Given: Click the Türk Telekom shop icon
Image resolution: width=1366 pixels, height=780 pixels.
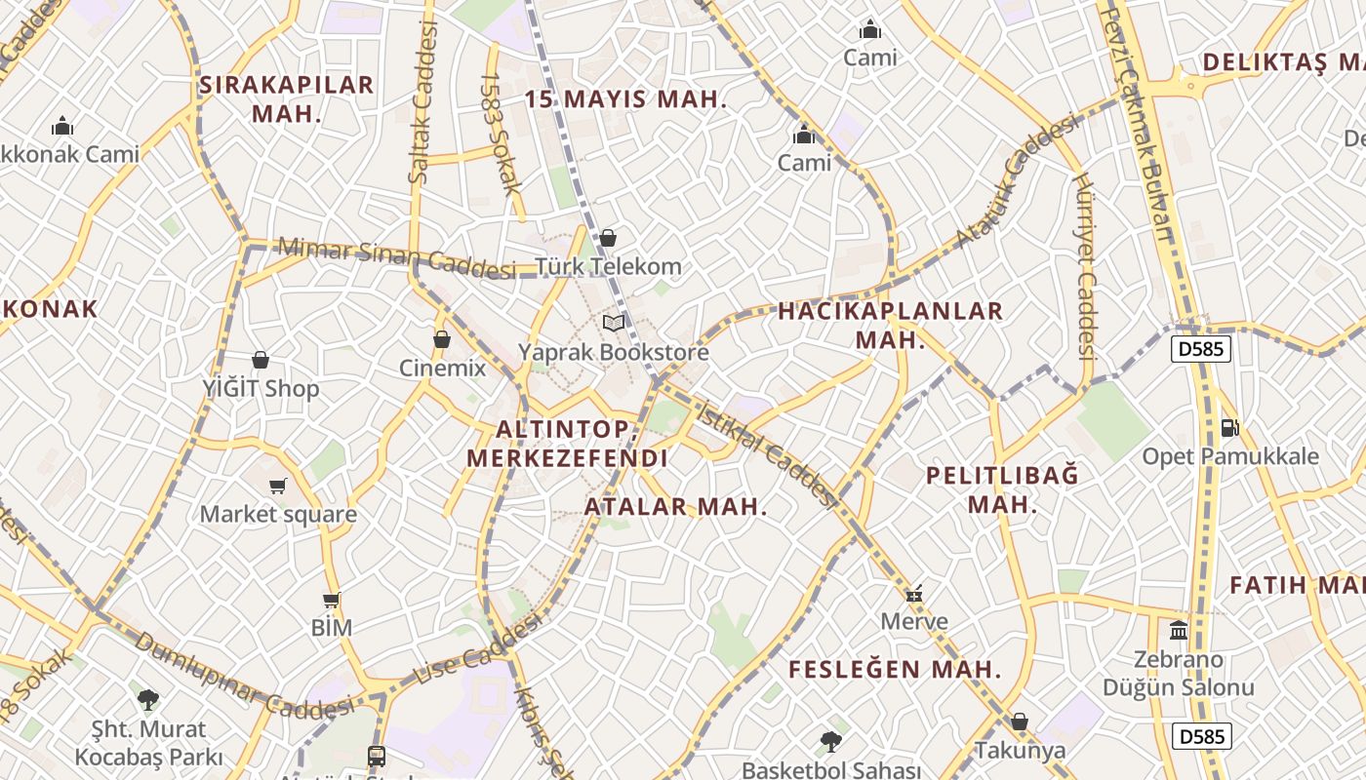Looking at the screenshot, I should [x=608, y=238].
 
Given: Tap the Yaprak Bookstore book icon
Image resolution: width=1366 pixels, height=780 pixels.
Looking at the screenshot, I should [x=614, y=323].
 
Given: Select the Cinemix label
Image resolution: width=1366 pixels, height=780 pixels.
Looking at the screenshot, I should [x=442, y=369].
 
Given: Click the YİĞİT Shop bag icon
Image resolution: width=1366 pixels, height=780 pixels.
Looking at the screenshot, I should [x=261, y=361].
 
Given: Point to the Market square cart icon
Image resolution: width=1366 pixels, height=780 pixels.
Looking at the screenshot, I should [x=278, y=486].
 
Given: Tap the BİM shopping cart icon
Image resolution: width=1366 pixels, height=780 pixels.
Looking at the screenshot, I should [x=332, y=601].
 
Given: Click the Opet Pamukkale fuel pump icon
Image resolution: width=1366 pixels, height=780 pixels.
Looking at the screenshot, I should [x=1229, y=427].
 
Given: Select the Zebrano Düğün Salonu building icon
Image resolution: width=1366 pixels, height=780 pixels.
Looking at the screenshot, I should [x=1179, y=631].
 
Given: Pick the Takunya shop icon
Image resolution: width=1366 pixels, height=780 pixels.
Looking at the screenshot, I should [x=1020, y=722].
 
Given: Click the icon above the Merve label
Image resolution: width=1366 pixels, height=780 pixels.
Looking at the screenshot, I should [x=914, y=593].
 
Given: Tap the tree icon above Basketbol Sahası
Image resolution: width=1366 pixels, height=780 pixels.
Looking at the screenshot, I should [x=831, y=742].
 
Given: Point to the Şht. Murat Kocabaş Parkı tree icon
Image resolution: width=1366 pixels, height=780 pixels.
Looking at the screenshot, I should [x=148, y=699].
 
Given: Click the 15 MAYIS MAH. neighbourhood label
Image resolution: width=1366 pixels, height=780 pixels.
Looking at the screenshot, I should [x=625, y=99].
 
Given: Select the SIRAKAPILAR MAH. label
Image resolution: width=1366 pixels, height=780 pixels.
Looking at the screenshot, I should [x=286, y=98].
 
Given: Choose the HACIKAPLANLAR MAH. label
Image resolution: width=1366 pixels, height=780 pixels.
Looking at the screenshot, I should [x=890, y=325].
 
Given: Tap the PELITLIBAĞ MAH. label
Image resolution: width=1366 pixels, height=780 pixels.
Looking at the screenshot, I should [x=1002, y=489].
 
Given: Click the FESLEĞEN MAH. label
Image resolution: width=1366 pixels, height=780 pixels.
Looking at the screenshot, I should [x=895, y=670].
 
